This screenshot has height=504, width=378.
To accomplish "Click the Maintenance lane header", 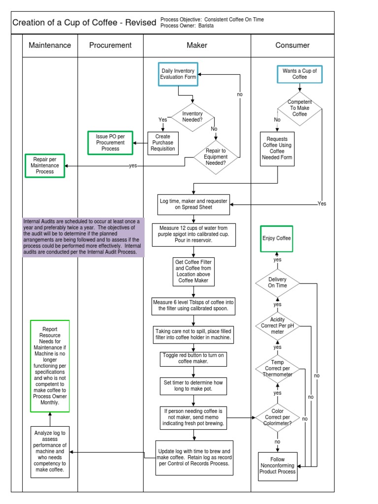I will pyautogui.click(x=50, y=45).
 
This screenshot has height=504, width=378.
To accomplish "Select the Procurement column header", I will pyautogui.click(x=110, y=45).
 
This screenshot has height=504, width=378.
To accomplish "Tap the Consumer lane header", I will pyautogui.click(x=292, y=45).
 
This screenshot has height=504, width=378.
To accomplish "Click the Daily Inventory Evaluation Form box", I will pyautogui.click(x=178, y=74).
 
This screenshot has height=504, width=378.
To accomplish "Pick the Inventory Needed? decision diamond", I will pyautogui.click(x=192, y=117).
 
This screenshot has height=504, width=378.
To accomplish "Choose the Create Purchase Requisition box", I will pyautogui.click(x=162, y=143).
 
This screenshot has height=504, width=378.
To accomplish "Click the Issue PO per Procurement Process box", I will pyautogui.click(x=110, y=142).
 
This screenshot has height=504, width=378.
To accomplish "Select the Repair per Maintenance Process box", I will pyautogui.click(x=45, y=165).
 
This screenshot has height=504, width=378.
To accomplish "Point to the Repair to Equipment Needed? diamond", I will pyautogui.click(x=216, y=157).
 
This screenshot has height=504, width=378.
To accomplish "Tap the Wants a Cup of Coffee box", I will pyautogui.click(x=299, y=74).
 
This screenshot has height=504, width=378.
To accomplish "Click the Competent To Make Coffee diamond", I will pyautogui.click(x=299, y=108).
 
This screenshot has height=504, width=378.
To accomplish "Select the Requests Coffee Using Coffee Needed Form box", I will pyautogui.click(x=278, y=149).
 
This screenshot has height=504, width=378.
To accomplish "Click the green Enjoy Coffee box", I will pyautogui.click(x=276, y=238).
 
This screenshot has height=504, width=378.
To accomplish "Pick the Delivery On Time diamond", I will pyautogui.click(x=278, y=283).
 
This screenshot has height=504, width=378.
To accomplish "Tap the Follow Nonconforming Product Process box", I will pyautogui.click(x=278, y=466).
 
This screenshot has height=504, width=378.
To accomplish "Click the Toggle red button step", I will pyautogui.click(x=193, y=358).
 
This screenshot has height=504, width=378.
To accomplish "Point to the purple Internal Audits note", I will pyautogui.click(x=84, y=237).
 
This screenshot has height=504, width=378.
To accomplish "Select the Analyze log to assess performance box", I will pyautogui.click(x=50, y=451).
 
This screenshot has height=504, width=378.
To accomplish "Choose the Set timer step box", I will pyautogui.click(x=193, y=385).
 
